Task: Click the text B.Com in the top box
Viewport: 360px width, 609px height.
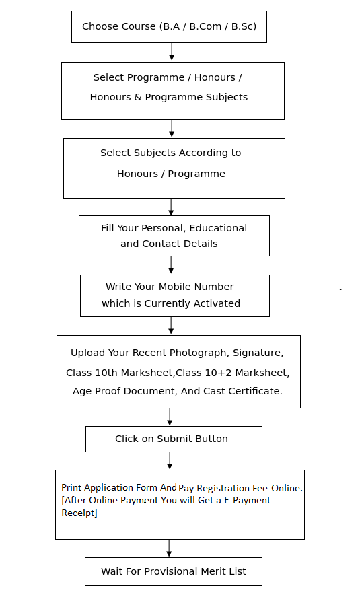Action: pyautogui.click(x=205, y=26)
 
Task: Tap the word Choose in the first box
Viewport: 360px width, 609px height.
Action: pyautogui.click(x=96, y=26)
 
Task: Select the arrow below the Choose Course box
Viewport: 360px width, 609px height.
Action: pyautogui.click(x=172, y=52)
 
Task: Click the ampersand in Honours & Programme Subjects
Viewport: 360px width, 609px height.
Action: pyautogui.click(x=138, y=97)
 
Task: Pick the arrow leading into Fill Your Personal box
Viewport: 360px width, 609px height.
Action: pyautogui.click(x=171, y=207)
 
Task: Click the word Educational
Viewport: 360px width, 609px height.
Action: pyautogui.click(x=218, y=228)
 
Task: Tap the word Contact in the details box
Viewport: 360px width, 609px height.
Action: pyautogui.click(x=159, y=244)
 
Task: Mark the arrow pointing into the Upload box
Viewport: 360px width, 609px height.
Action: pyautogui.click(x=171, y=326)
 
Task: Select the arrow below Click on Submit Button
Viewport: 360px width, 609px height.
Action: pyautogui.click(x=170, y=461)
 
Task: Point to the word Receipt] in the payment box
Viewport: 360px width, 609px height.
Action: pyautogui.click(x=79, y=513)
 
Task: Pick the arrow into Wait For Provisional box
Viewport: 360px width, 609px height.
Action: pyautogui.click(x=169, y=548)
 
